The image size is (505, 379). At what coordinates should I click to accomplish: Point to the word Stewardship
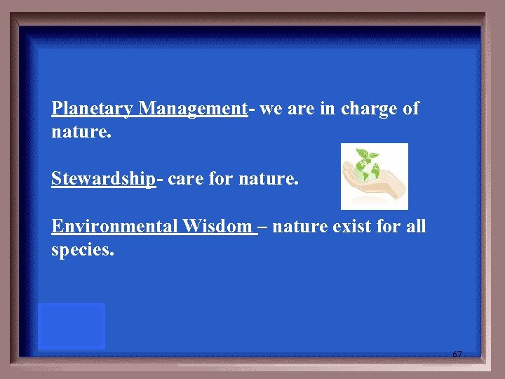103,179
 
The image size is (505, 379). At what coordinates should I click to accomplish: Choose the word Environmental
115,226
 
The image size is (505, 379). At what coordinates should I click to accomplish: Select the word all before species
415,226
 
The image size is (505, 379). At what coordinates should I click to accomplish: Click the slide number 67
457,354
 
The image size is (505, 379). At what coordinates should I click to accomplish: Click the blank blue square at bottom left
71,326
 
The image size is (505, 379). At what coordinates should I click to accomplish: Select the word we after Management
270,109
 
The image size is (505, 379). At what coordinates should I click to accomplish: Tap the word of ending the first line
410,109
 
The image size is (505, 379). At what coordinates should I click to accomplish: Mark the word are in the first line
299,109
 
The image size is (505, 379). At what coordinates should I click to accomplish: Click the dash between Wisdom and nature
262,227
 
